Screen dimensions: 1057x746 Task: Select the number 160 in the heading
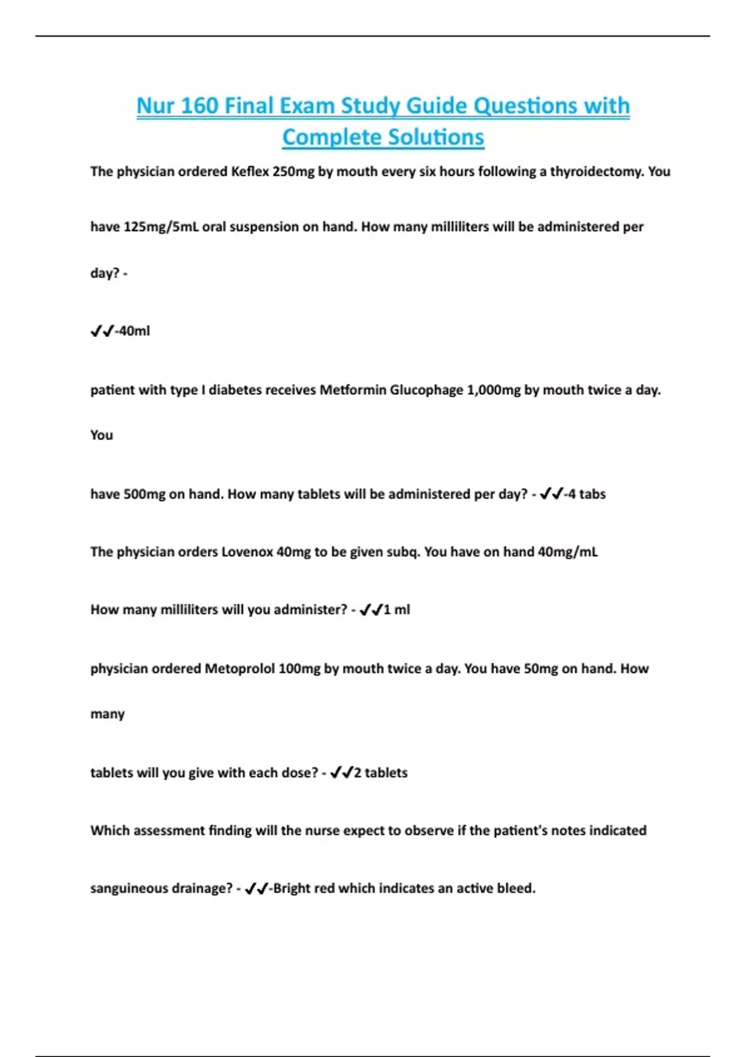pos(200,106)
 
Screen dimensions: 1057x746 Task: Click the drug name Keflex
pos(249,172)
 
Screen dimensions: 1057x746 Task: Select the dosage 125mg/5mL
pos(161,227)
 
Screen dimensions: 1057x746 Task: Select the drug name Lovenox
pos(247,552)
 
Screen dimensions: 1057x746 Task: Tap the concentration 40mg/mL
pos(567,552)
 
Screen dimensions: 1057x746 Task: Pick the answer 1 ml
pos(397,610)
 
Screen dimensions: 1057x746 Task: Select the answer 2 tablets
pos(380,773)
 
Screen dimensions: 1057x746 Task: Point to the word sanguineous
pos(127,889)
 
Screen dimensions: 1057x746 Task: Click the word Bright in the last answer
pos(292,889)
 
